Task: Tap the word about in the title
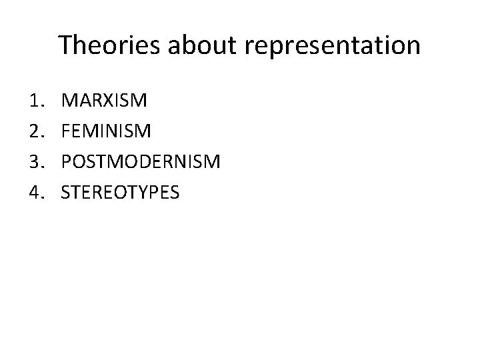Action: pos(189,45)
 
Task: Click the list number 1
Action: pos(35,101)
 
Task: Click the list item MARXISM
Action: pos(105,101)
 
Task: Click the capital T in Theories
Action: pos(65,45)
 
